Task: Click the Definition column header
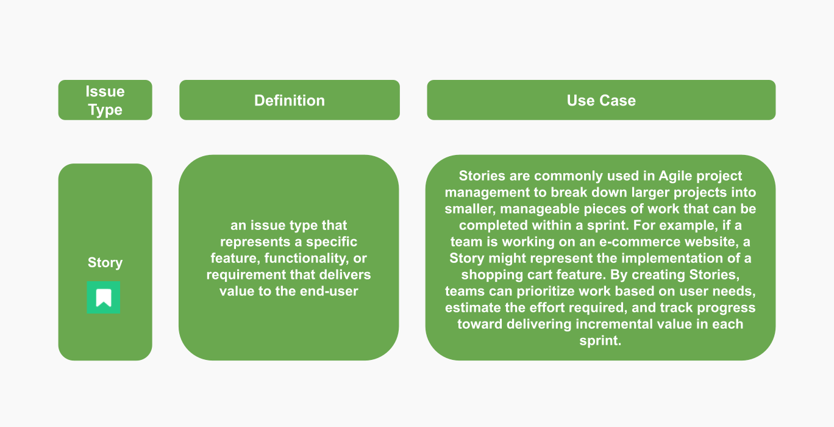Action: click(289, 101)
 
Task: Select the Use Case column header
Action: click(601, 101)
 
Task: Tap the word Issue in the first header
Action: click(105, 91)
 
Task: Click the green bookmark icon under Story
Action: click(104, 298)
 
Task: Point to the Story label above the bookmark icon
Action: click(105, 263)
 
